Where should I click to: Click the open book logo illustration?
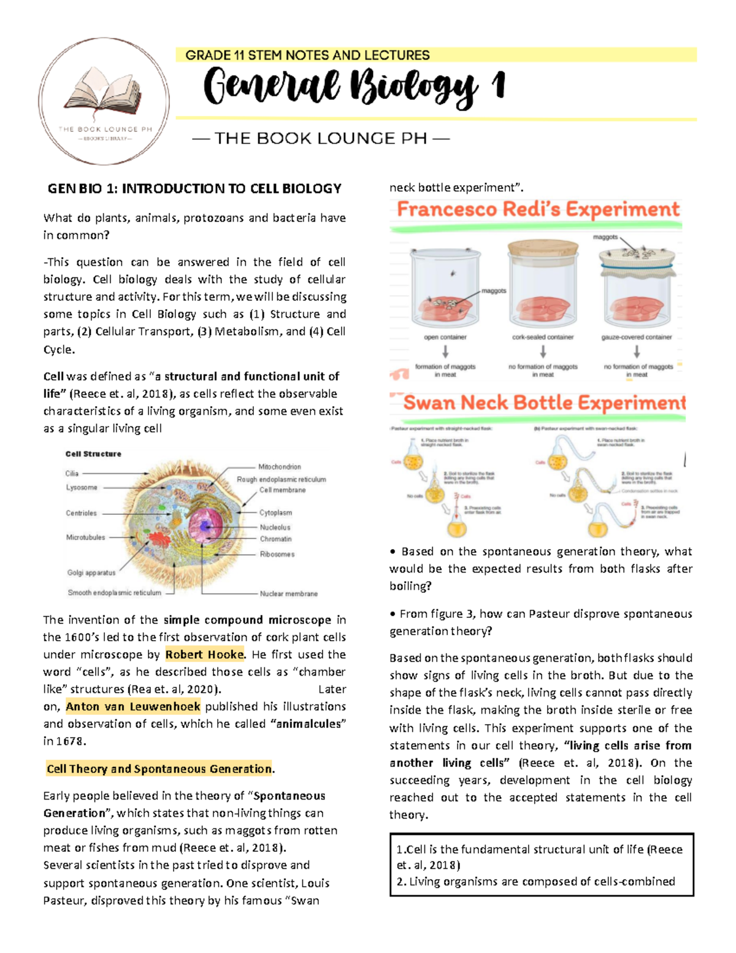[104, 91]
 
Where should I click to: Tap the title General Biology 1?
[354, 87]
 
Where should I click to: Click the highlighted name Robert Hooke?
[205, 654]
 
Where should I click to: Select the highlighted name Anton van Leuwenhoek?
[133, 706]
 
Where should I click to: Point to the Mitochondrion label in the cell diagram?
[279, 467]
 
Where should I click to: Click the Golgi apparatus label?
[91, 573]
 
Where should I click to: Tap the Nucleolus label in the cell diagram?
[275, 527]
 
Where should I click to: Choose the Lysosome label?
[82, 487]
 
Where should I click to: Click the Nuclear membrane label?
[288, 593]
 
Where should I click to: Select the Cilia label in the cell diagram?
[72, 473]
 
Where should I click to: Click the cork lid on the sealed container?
[543, 249]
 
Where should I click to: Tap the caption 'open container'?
[445, 337]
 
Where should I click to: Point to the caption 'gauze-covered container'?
[637, 337]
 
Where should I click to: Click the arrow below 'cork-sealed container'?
[543, 352]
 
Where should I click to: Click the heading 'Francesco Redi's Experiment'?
[538, 210]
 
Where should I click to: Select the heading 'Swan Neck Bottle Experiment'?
[544, 403]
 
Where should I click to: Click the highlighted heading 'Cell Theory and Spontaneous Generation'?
[159, 769]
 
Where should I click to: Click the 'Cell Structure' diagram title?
[93, 454]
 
